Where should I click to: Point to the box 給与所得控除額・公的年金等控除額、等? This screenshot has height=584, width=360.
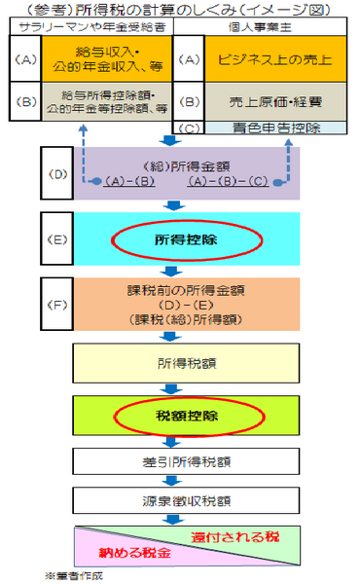click(105, 100)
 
